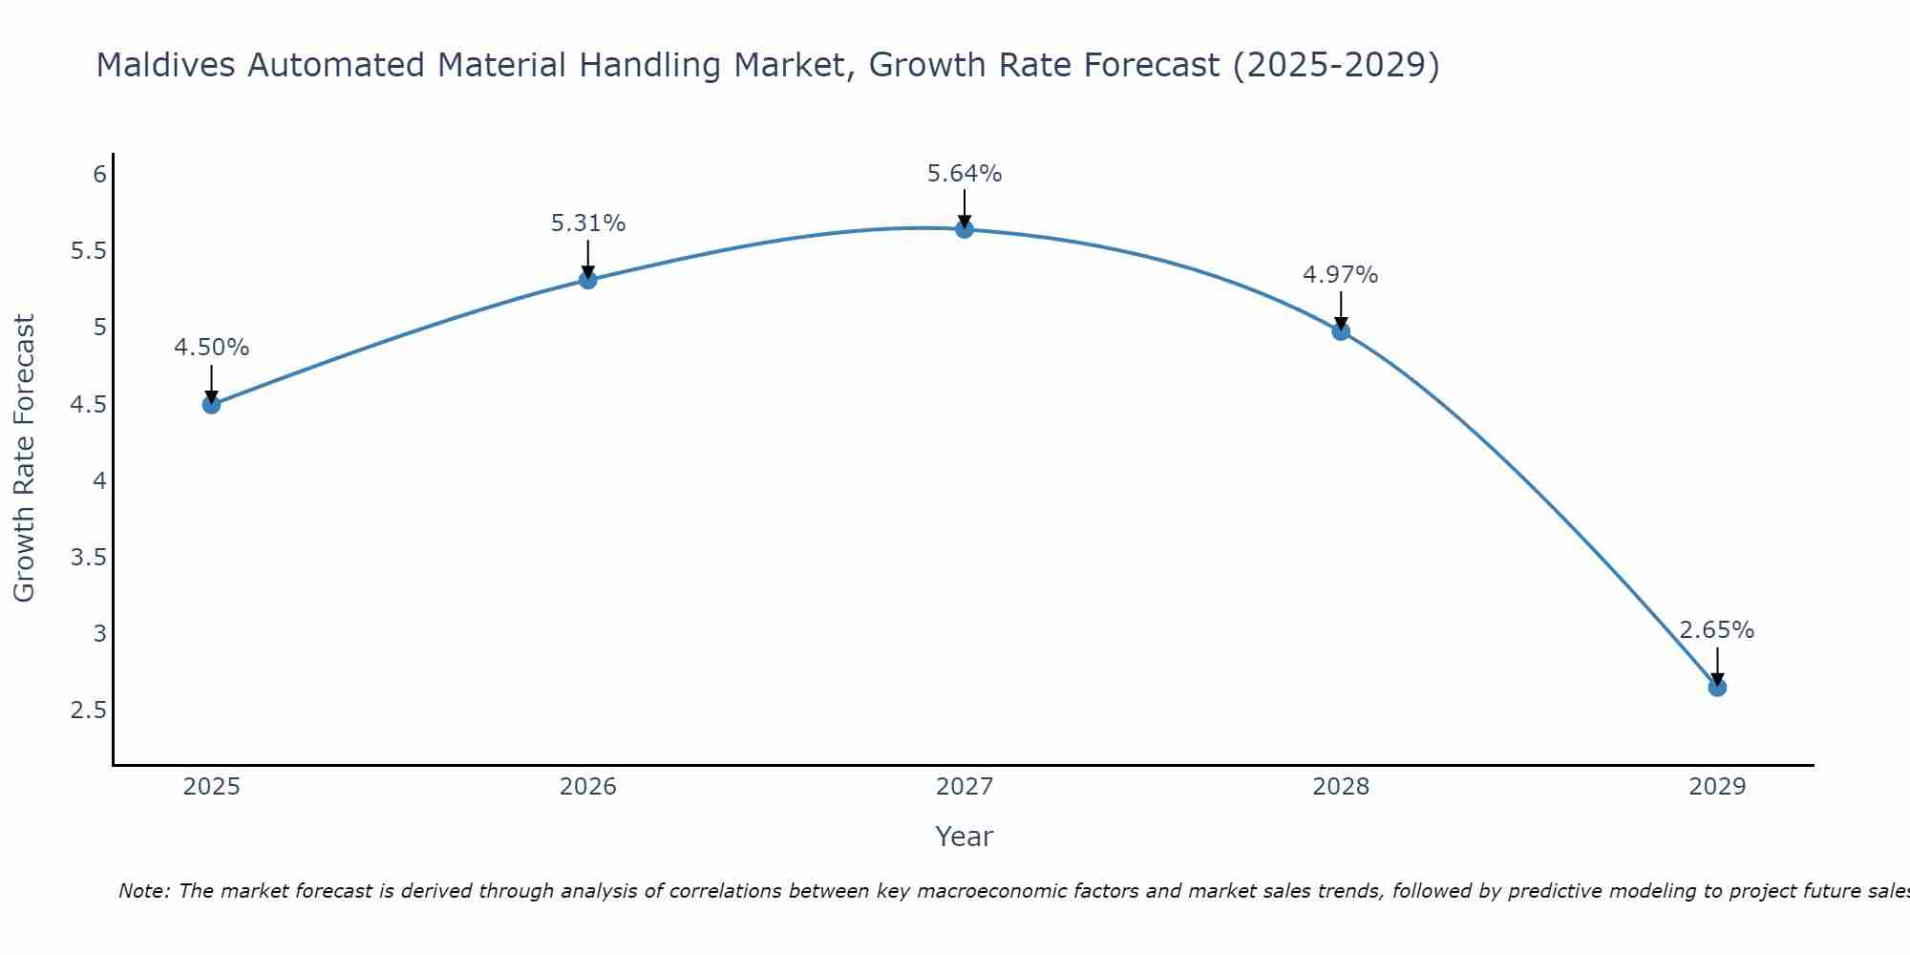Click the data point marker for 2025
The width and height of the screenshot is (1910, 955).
click(x=211, y=404)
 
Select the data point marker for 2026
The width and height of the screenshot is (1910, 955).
click(x=588, y=280)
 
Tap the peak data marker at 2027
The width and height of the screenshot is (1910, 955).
click(x=965, y=229)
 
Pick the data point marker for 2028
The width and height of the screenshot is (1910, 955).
click(x=1341, y=331)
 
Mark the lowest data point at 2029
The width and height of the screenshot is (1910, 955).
click(x=1717, y=687)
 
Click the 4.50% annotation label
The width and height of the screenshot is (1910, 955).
click(x=211, y=348)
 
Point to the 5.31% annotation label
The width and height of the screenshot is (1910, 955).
click(x=588, y=223)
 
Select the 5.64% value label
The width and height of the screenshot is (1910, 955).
click(x=965, y=174)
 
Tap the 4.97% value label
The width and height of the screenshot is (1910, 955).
click(x=1341, y=275)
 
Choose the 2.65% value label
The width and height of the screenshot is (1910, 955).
click(x=1717, y=630)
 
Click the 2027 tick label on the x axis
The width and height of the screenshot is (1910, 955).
click(x=965, y=787)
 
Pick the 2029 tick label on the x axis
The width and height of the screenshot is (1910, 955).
click(x=1717, y=787)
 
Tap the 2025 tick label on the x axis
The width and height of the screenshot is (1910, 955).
click(x=211, y=787)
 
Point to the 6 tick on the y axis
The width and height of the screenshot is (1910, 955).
click(x=99, y=175)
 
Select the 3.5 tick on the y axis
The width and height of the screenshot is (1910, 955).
click(x=88, y=558)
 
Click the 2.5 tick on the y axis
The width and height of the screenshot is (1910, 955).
click(x=88, y=711)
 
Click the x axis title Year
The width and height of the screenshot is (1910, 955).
click(x=965, y=837)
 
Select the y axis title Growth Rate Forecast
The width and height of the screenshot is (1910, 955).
click(x=25, y=458)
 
